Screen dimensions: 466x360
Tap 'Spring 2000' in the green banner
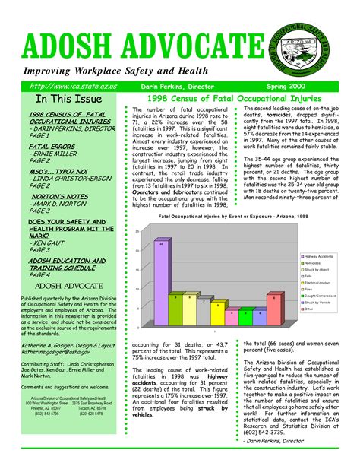pos(308,88)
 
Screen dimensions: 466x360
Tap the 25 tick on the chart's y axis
pos(137,231)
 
